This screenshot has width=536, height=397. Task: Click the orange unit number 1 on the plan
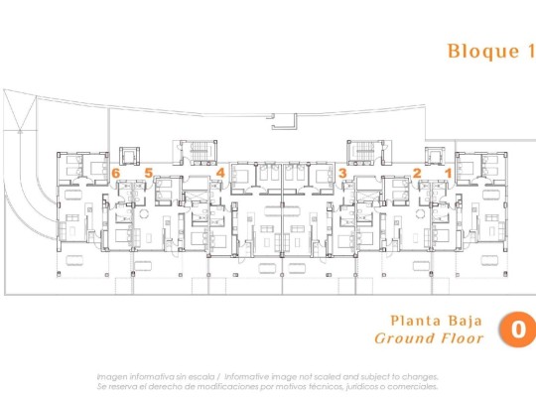coord(448,173)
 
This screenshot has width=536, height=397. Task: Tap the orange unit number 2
coord(417,173)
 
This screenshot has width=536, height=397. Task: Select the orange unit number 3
coord(342,173)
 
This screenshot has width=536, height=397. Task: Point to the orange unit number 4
coord(220,173)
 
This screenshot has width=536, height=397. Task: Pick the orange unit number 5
coord(149,173)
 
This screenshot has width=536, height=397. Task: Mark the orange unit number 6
coord(116,173)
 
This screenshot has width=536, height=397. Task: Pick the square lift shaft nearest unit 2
coord(434,157)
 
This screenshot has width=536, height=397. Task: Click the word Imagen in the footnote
coord(114,376)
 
